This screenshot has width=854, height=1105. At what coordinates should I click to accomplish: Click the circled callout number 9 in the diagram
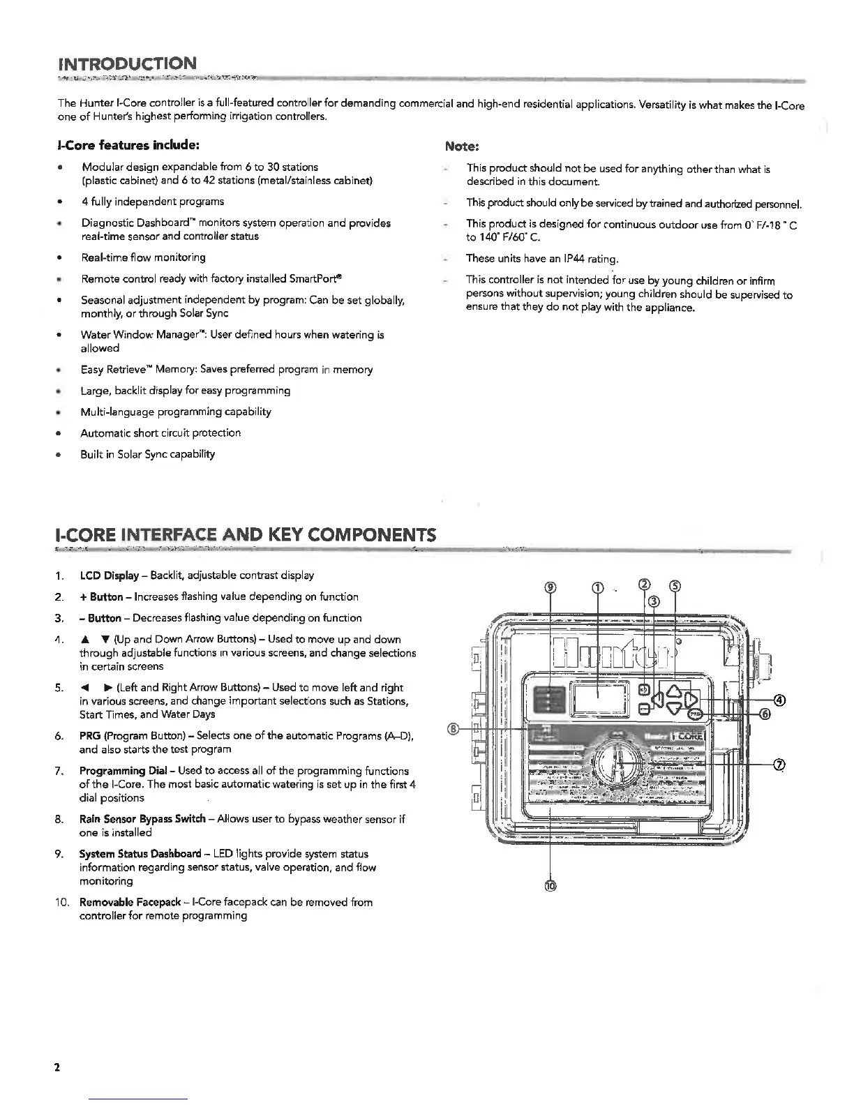tap(550, 588)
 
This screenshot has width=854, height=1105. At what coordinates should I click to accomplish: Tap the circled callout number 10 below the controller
tap(551, 886)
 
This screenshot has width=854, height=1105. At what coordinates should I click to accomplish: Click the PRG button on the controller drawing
tap(694, 714)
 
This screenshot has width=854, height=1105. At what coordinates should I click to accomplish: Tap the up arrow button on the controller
tap(674, 691)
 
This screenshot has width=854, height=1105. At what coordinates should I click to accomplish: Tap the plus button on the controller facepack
tap(645, 691)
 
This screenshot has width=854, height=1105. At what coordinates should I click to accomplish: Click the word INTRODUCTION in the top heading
tap(128, 64)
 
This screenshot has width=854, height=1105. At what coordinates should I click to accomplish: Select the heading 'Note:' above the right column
tap(461, 147)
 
